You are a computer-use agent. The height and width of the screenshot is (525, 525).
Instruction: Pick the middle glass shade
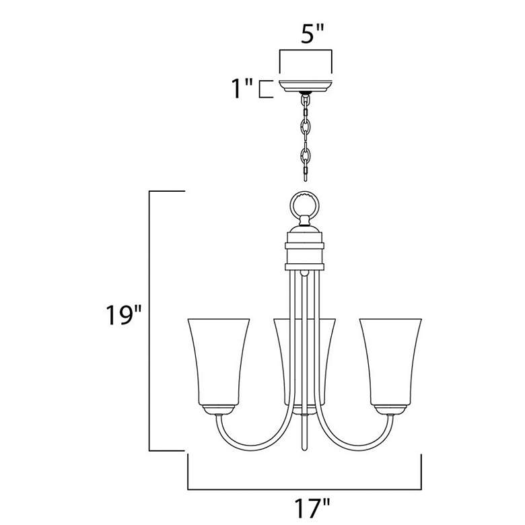click(x=306, y=360)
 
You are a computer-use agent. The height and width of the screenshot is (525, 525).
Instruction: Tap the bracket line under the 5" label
click(x=306, y=50)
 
